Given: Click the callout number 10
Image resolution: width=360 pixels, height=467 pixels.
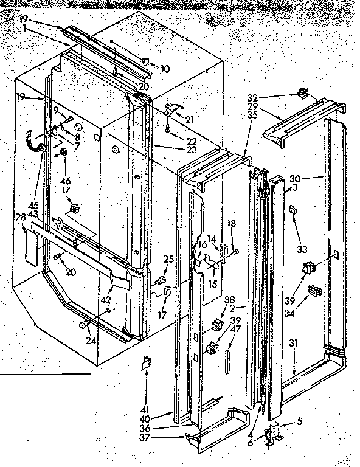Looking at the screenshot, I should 165,69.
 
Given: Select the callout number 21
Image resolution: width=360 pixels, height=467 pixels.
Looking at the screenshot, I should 190,119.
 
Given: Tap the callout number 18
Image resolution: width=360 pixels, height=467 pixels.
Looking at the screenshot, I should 231,224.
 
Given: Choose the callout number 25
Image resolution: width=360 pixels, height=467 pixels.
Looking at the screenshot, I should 168,259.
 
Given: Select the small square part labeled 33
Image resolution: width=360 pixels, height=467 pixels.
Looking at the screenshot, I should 292,210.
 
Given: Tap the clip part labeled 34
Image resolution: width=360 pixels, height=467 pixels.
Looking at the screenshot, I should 314,291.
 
